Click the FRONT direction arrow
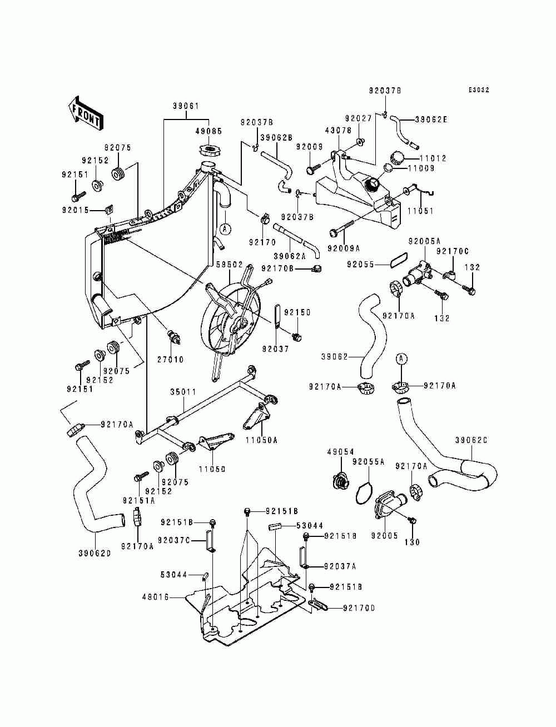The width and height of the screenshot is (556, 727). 86,113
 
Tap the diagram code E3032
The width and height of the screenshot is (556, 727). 479,90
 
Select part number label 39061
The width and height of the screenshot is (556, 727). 186,106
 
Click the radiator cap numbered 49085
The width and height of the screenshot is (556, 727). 209,151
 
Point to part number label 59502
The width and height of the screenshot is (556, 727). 229,265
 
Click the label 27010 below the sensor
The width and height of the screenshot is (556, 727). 170,360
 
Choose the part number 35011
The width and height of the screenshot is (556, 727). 183,392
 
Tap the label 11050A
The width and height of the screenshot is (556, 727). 261,440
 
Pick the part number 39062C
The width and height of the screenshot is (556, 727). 471,440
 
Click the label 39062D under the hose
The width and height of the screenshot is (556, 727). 95,553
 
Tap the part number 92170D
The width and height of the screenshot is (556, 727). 359,608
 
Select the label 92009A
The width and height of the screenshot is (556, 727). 344,248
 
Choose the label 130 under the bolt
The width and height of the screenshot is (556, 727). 412,542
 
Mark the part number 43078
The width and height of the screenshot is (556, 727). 338,131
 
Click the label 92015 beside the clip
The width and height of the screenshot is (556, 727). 75,210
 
